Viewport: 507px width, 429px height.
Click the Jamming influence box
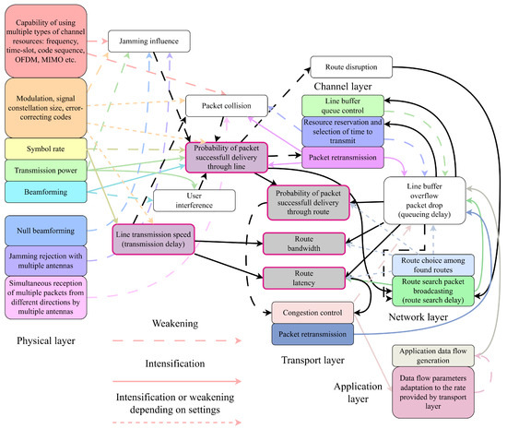coord(148,41)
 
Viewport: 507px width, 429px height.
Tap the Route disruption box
coord(351,66)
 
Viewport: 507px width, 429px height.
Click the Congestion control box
coord(312,313)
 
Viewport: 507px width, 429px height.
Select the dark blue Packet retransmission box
coord(312,333)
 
